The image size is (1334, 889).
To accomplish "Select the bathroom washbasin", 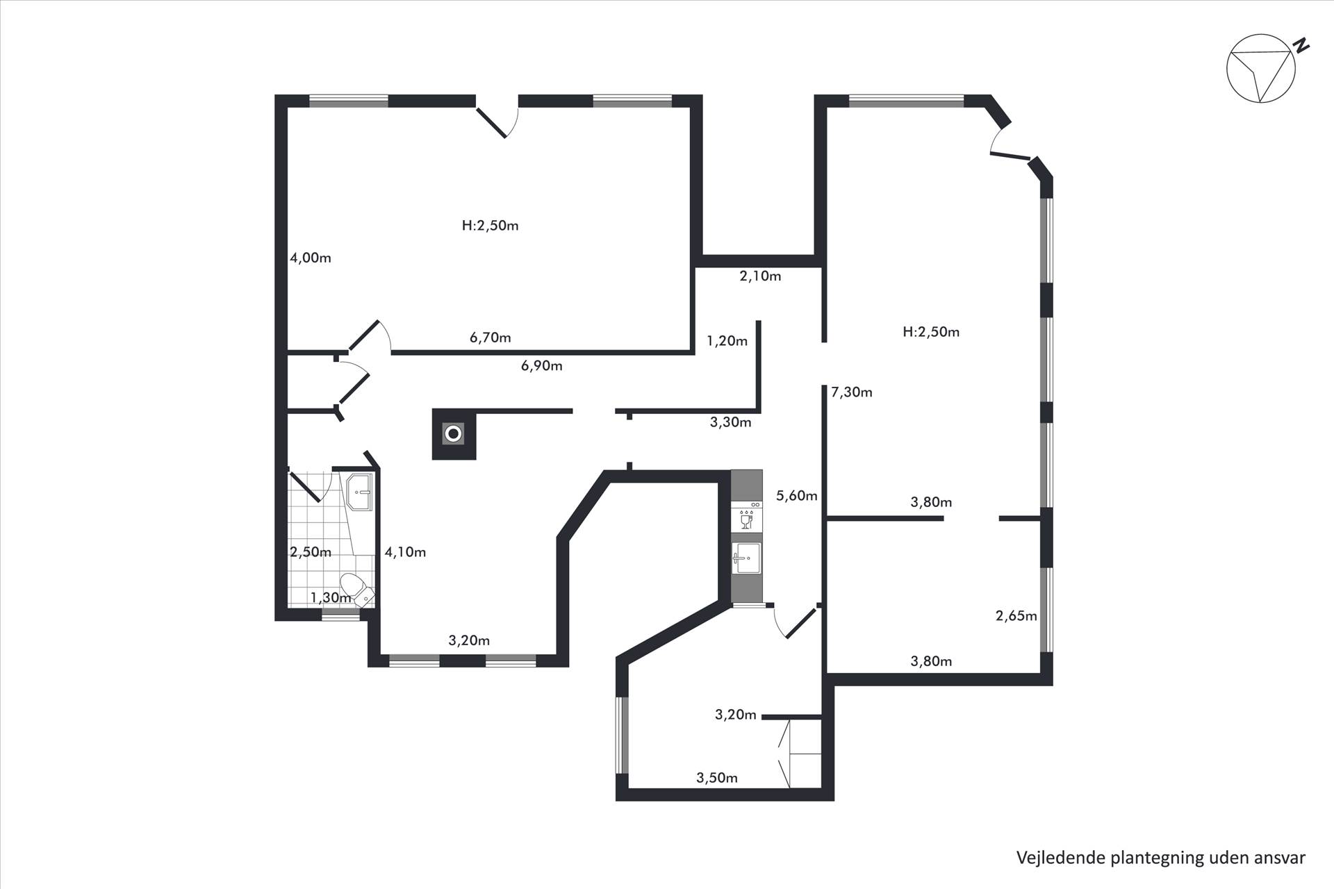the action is click(360, 492).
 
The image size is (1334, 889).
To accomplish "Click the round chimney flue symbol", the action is click(454, 434).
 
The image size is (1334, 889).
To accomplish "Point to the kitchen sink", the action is click(747, 558).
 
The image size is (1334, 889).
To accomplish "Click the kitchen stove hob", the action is click(747, 515).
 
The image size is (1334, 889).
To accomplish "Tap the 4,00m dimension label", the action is click(311, 258).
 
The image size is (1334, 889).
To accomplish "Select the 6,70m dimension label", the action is click(491, 338).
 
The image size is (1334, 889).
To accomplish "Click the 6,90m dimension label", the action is click(542, 365).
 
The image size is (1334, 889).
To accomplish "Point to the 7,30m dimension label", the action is click(852, 392).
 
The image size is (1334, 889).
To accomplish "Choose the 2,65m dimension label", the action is click(1016, 615).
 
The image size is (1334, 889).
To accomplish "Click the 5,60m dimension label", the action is click(797, 495).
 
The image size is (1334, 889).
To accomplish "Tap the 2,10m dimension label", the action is click(760, 276).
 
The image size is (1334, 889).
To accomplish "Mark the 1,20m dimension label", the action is click(727, 340).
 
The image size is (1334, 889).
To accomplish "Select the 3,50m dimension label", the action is click(717, 777).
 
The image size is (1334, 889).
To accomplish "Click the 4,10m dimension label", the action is click(405, 552).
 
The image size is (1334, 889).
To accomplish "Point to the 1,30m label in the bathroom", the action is click(331, 597).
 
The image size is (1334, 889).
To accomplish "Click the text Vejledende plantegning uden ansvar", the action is click(1161, 858).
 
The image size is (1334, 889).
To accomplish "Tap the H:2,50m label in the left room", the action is click(491, 226).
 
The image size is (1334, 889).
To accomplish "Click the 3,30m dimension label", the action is click(730, 422).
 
